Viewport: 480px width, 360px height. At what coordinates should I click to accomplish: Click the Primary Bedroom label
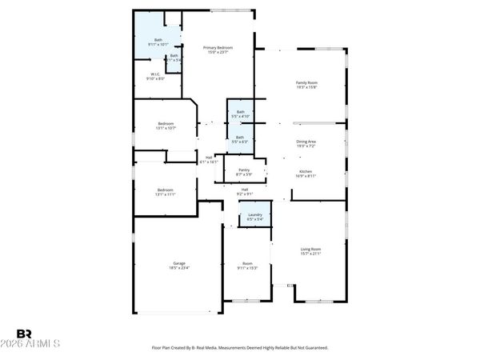tap(218, 48)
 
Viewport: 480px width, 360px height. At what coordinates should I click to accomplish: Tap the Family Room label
tap(307, 82)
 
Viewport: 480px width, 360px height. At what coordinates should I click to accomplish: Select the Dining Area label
tap(307, 142)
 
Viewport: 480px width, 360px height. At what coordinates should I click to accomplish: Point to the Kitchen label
tap(306, 171)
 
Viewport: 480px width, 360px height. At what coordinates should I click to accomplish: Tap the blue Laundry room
tap(255, 216)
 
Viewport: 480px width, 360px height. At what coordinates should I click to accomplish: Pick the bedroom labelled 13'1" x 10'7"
tap(166, 125)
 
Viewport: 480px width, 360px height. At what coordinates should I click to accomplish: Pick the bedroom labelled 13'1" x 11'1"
tap(166, 191)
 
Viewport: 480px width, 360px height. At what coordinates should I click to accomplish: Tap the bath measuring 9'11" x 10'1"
tap(158, 42)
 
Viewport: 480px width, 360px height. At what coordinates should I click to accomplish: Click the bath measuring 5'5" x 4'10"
tap(240, 114)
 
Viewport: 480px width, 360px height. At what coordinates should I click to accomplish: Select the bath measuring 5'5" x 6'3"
tap(240, 138)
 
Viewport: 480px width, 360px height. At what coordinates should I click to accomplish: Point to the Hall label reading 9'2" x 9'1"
tap(245, 191)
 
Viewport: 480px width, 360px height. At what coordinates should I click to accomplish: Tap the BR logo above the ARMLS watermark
tap(24, 333)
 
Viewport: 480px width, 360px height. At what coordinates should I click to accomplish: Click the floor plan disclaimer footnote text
tap(240, 348)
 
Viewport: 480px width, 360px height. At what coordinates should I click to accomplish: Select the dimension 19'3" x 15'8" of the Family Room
tap(307, 86)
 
